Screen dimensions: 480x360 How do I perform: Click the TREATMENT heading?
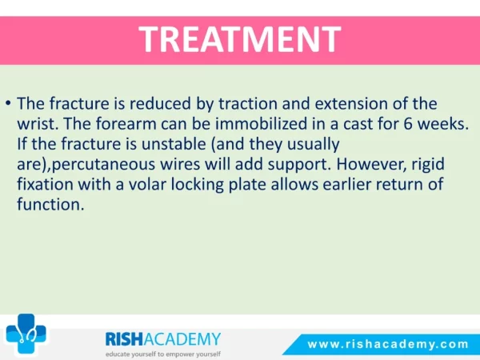240,39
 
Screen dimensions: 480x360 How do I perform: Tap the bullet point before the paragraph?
8,103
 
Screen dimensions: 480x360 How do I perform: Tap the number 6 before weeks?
407,124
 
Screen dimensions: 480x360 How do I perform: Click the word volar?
147,184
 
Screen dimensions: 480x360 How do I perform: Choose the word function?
50,204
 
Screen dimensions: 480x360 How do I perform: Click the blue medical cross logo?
26,334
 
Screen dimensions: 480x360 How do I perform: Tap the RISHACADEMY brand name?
163,339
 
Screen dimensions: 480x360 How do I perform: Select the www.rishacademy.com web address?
388,344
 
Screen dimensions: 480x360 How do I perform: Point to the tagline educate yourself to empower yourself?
163,354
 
